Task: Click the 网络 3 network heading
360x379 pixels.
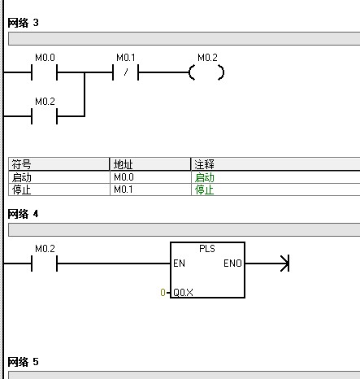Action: click(23, 23)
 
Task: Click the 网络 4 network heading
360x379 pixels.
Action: click(23, 214)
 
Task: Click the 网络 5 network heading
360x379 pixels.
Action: click(23, 362)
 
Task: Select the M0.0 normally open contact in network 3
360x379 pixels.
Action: click(45, 72)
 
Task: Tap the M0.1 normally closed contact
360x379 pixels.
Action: click(125, 72)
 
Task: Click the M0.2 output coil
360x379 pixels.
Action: click(206, 72)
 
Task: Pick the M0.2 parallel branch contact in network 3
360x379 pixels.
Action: click(45, 116)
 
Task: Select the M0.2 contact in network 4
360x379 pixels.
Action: click(45, 264)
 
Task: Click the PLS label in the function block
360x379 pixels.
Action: click(207, 249)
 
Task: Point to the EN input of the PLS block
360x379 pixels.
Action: click(179, 264)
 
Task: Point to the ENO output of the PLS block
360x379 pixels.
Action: click(232, 264)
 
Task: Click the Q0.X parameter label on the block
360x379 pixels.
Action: click(183, 293)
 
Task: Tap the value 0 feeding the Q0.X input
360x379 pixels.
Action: click(163, 293)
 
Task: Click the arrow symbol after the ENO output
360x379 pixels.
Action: click(284, 264)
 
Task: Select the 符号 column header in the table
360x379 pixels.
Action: click(21, 164)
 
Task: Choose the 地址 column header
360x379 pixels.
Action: click(124, 164)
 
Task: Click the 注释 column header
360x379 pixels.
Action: click(204, 164)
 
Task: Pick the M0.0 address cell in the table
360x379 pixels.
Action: click(124, 177)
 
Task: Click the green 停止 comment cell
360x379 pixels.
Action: click(205, 189)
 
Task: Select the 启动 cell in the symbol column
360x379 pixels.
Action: click(22, 177)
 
